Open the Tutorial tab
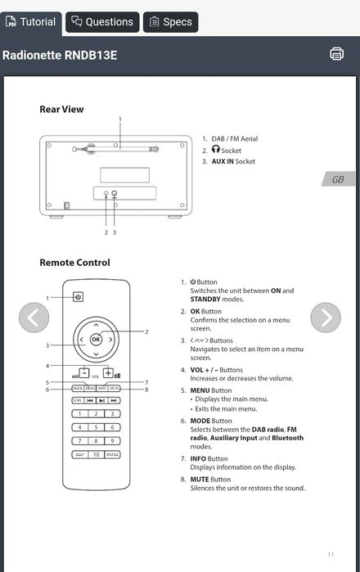(x=30, y=22)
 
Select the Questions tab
(x=101, y=22)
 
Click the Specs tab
(x=170, y=22)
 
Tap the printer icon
(x=336, y=54)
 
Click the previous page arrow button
(x=34, y=318)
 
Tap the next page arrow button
(x=326, y=318)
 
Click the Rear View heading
(x=61, y=109)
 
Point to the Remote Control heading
(x=74, y=263)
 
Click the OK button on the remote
(x=96, y=339)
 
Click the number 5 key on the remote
(x=95, y=427)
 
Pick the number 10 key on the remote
(x=95, y=454)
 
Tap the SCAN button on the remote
(x=78, y=400)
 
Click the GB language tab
(x=337, y=179)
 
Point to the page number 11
(x=331, y=554)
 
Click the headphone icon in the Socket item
(x=216, y=151)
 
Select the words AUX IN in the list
(x=223, y=162)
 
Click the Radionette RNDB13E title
(x=60, y=55)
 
